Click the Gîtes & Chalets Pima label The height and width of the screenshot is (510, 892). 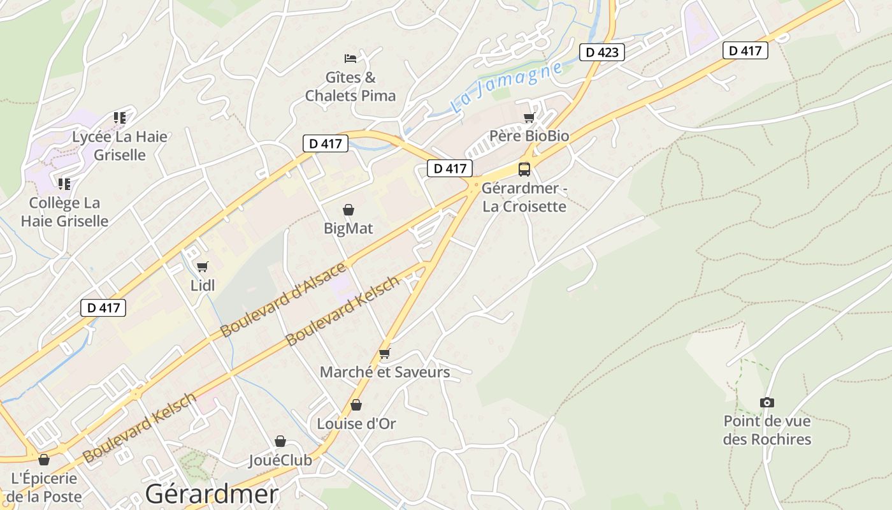pyautogui.click(x=350, y=87)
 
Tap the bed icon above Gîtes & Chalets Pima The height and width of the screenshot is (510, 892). pyautogui.click(x=350, y=59)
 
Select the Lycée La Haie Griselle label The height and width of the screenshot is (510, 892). pyautogui.click(x=120, y=145)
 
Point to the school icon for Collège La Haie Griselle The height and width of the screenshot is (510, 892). pyautogui.click(x=64, y=184)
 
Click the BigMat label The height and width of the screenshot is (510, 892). pyautogui.click(x=349, y=228)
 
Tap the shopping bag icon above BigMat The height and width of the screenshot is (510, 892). pyautogui.click(x=349, y=209)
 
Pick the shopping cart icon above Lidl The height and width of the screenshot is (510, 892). pyautogui.click(x=203, y=266)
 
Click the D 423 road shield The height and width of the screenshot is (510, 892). pyautogui.click(x=601, y=52)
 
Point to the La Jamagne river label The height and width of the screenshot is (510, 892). pyautogui.click(x=507, y=88)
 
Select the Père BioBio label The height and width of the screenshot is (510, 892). pyautogui.click(x=529, y=136)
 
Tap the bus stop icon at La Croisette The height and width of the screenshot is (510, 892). pyautogui.click(x=524, y=169)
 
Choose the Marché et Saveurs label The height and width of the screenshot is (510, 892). pyautogui.click(x=385, y=372)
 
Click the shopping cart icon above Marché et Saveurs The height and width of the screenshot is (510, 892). pyautogui.click(x=384, y=353)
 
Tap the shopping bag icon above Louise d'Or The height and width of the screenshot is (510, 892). pyautogui.click(x=356, y=405)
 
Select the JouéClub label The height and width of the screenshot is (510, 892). pyautogui.click(x=280, y=460)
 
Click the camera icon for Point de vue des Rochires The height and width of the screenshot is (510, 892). pyautogui.click(x=767, y=402)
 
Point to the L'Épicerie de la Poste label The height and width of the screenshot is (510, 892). pyautogui.click(x=45, y=487)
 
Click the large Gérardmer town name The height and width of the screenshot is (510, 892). pyautogui.click(x=212, y=494)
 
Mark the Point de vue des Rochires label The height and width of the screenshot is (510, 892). pyautogui.click(x=767, y=430)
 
